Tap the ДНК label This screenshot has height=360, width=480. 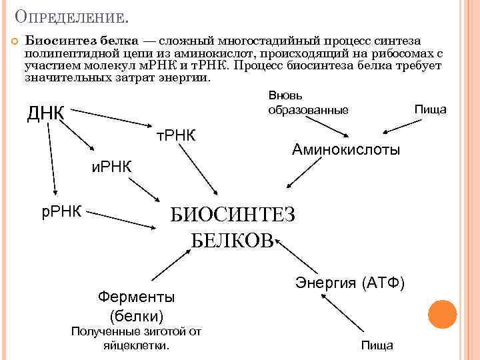45,114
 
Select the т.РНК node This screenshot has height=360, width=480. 175,135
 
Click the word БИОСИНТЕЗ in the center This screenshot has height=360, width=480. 231,215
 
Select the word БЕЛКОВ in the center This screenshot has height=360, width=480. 232,240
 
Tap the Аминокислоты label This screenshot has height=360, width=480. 346,150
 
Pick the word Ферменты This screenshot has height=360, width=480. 136,295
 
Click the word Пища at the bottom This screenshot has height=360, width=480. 377,345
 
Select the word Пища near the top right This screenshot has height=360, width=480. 430,109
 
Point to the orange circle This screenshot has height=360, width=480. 442,314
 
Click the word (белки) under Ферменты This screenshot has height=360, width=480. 136,315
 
